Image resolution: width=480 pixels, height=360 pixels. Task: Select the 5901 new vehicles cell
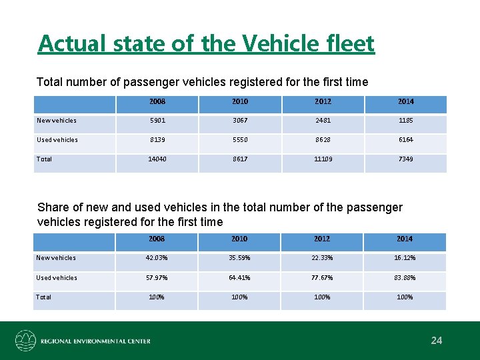pos(157,121)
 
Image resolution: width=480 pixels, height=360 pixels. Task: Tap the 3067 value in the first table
pos(239,121)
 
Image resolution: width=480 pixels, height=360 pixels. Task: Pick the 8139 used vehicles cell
pos(157,140)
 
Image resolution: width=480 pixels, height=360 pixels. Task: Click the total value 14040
pos(157,159)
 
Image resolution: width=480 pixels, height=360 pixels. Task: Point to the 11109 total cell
pos(322,159)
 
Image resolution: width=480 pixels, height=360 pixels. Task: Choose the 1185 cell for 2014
pos(405,121)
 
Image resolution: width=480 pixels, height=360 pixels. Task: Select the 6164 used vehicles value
pos(405,140)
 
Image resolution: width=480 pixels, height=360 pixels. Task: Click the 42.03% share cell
pos(157,258)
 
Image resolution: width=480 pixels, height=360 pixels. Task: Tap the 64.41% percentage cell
pos(239,277)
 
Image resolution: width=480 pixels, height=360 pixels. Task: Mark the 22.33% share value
pos(322,258)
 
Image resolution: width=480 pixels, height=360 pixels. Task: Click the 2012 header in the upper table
pos(322,101)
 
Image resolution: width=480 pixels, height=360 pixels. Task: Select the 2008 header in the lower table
pos(157,239)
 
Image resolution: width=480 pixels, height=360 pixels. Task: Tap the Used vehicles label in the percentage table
pos(56,277)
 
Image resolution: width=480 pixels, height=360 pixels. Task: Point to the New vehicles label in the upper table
pos(56,121)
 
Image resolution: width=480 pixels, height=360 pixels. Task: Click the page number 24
pos(437,341)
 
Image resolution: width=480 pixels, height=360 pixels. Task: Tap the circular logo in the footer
pos(26,341)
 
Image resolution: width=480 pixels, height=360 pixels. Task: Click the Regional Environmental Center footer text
pos(95,341)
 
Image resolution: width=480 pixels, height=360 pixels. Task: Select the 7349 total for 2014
pos(405,159)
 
